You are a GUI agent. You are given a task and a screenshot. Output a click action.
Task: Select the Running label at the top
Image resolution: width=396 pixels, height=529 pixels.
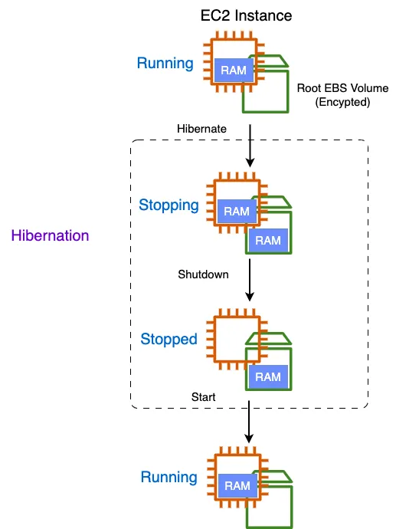coord(165,64)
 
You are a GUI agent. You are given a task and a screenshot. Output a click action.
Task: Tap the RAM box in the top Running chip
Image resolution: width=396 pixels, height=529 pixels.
coord(233,71)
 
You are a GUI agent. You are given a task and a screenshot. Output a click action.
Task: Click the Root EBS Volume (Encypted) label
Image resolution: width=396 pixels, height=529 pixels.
coord(332,95)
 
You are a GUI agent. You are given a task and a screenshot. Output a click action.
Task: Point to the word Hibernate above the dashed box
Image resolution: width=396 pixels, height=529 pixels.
coord(201,129)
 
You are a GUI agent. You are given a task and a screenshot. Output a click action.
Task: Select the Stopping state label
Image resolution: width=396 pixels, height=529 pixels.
coord(169,205)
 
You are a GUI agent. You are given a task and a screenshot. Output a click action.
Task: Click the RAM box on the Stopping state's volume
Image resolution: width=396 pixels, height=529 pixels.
coord(268,240)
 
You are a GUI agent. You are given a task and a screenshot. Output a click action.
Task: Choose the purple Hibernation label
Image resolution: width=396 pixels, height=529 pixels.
coord(51,235)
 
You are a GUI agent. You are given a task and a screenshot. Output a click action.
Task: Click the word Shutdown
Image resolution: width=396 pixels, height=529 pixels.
coord(203,274)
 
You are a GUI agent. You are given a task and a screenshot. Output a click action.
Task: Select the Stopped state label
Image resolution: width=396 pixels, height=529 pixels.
coord(169,339)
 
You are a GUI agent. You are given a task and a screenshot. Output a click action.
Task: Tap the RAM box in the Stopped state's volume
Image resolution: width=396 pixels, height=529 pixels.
coord(268,376)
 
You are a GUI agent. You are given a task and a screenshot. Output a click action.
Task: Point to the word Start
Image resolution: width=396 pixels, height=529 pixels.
coord(203,397)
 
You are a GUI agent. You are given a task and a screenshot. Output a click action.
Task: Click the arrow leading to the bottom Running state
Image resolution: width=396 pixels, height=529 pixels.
coord(250,422)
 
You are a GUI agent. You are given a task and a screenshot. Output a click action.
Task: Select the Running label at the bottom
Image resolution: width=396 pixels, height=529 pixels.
coord(169,478)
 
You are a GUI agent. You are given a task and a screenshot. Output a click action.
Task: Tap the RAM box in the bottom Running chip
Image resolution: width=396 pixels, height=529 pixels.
coord(237,485)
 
